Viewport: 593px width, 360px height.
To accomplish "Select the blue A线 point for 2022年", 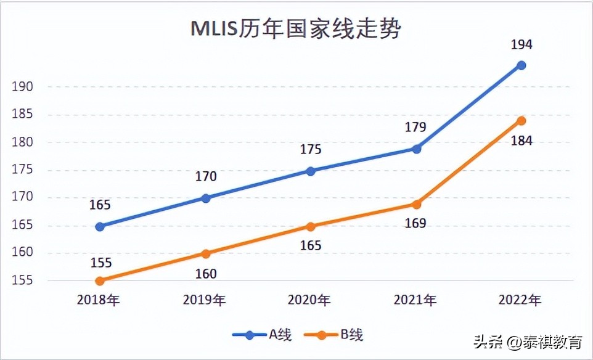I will pyautogui.click(x=521, y=65).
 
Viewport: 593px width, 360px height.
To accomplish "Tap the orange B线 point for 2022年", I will pyautogui.click(x=521, y=120).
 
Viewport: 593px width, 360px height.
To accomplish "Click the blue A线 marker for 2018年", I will pyautogui.click(x=100, y=226).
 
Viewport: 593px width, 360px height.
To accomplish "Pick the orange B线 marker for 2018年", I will pyautogui.click(x=100, y=280).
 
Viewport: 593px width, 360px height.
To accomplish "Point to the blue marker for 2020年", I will pyautogui.click(x=311, y=171).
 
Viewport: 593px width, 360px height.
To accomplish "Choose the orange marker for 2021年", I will pyautogui.click(x=416, y=204).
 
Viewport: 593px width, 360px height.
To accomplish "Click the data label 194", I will pyautogui.click(x=521, y=45).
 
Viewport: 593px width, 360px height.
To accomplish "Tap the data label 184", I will pyautogui.click(x=521, y=141).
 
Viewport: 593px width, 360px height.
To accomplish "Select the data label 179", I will pyautogui.click(x=415, y=128).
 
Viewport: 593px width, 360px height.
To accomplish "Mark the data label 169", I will pyautogui.click(x=415, y=223).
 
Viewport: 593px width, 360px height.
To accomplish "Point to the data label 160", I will pyautogui.click(x=206, y=274).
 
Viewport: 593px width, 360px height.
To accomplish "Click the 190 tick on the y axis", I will pyautogui.click(x=22, y=87).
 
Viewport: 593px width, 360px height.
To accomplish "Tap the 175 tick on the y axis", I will pyautogui.click(x=22, y=170).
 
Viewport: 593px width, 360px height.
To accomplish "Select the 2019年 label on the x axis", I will pyautogui.click(x=205, y=300).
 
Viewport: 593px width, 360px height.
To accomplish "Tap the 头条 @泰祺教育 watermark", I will pyautogui.click(x=527, y=342).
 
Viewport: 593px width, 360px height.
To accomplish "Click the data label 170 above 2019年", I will pyautogui.click(x=206, y=177).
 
